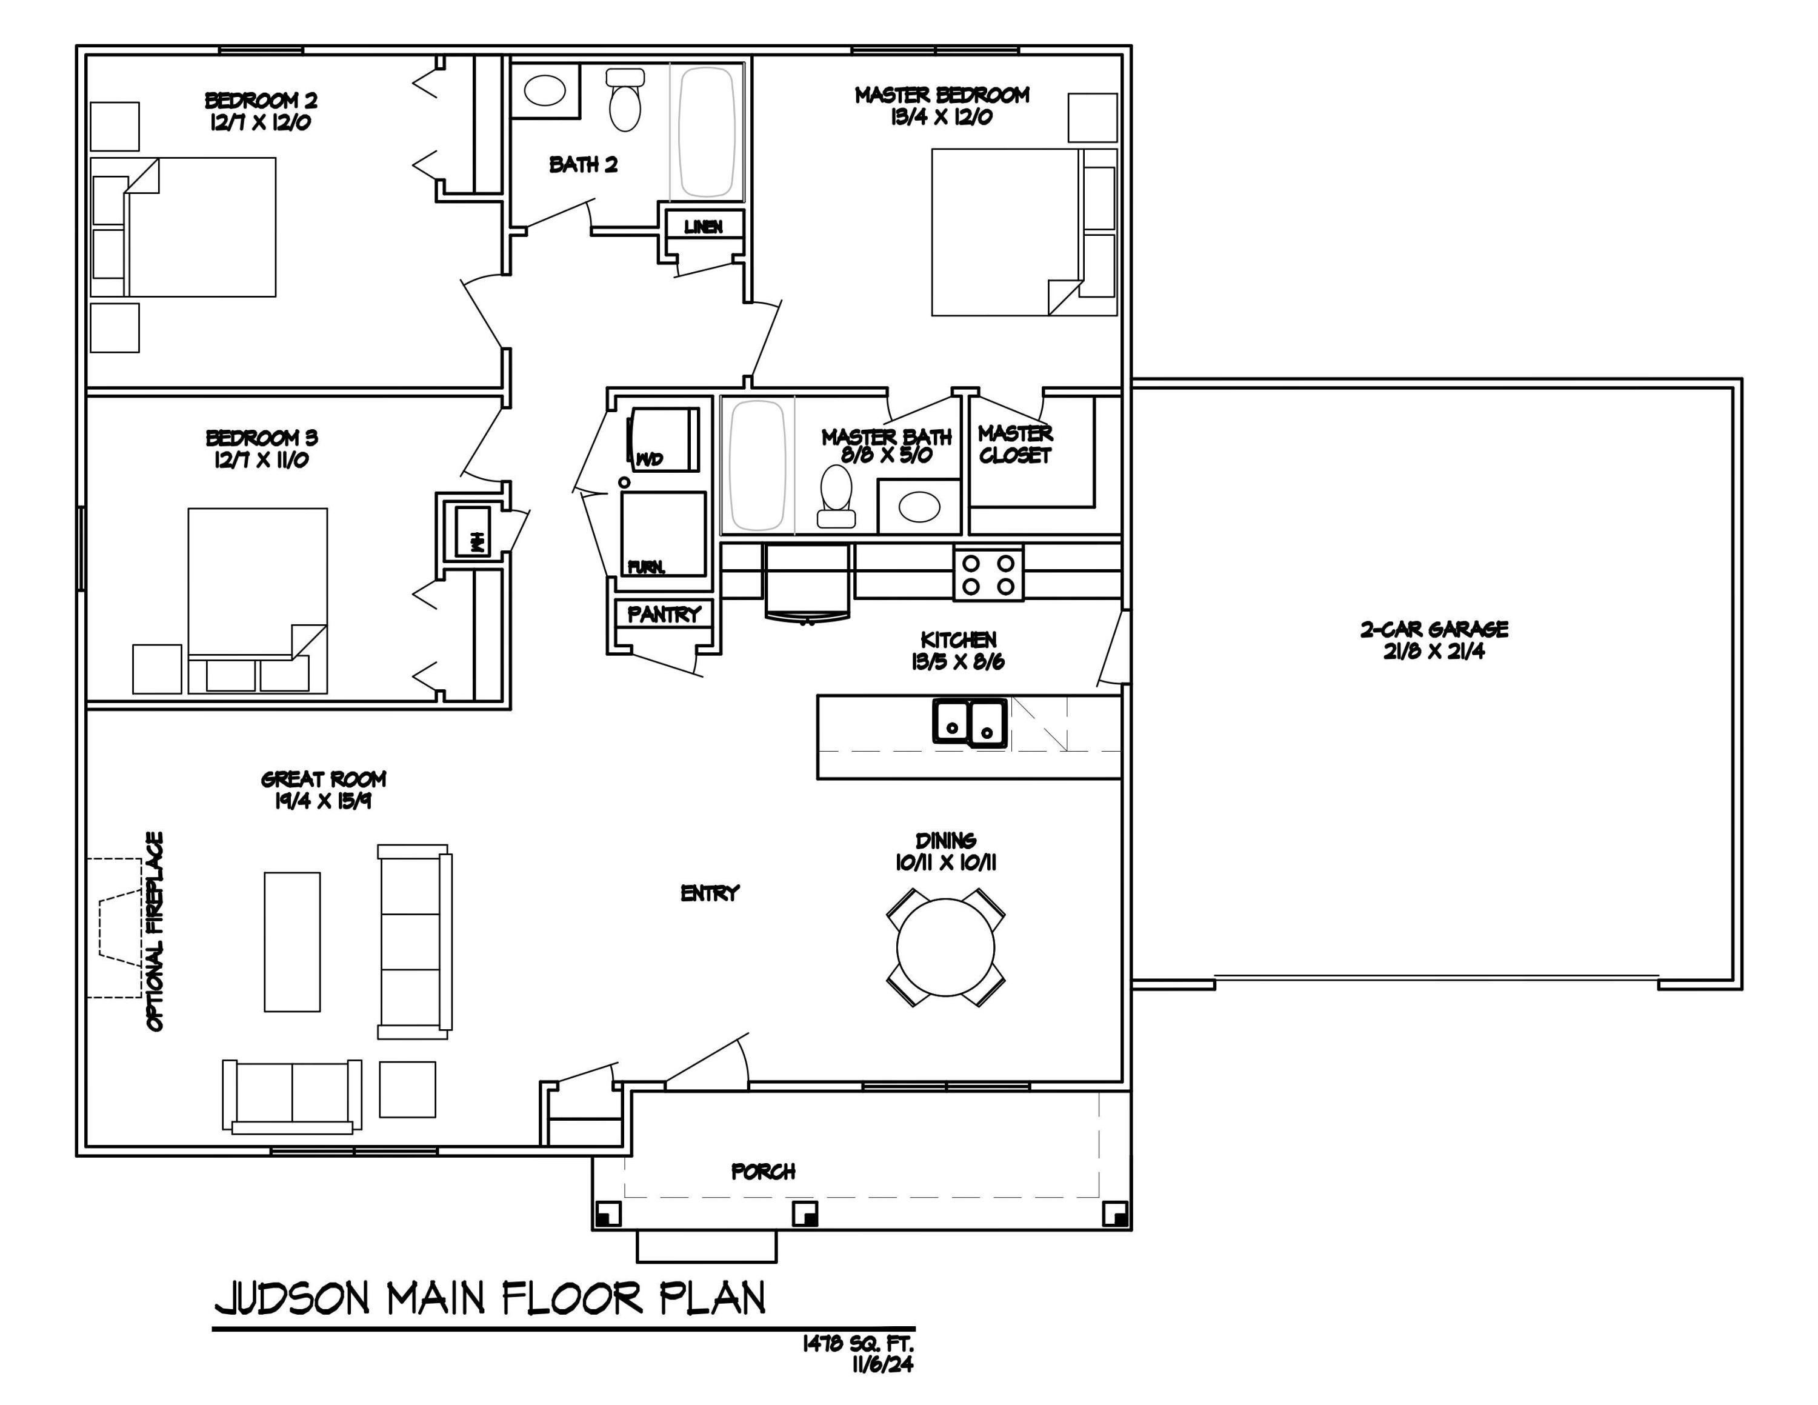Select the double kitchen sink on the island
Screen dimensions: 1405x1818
(x=970, y=723)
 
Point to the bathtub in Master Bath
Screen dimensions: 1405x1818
(x=757, y=466)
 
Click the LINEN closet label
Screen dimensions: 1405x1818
(x=704, y=227)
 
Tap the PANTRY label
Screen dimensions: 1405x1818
(x=664, y=614)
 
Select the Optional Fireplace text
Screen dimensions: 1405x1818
(x=155, y=932)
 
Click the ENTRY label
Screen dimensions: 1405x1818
(x=709, y=893)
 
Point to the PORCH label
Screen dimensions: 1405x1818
(x=762, y=1172)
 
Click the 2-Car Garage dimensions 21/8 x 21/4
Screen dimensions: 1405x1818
(x=1433, y=652)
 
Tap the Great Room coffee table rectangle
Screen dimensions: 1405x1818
(x=292, y=941)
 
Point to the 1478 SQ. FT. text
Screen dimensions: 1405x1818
(x=857, y=1343)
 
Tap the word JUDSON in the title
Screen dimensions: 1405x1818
(x=291, y=1298)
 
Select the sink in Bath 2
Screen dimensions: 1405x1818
(x=545, y=90)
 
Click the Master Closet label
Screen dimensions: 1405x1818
(x=1014, y=444)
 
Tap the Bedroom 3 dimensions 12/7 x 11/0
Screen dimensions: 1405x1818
(x=261, y=459)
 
